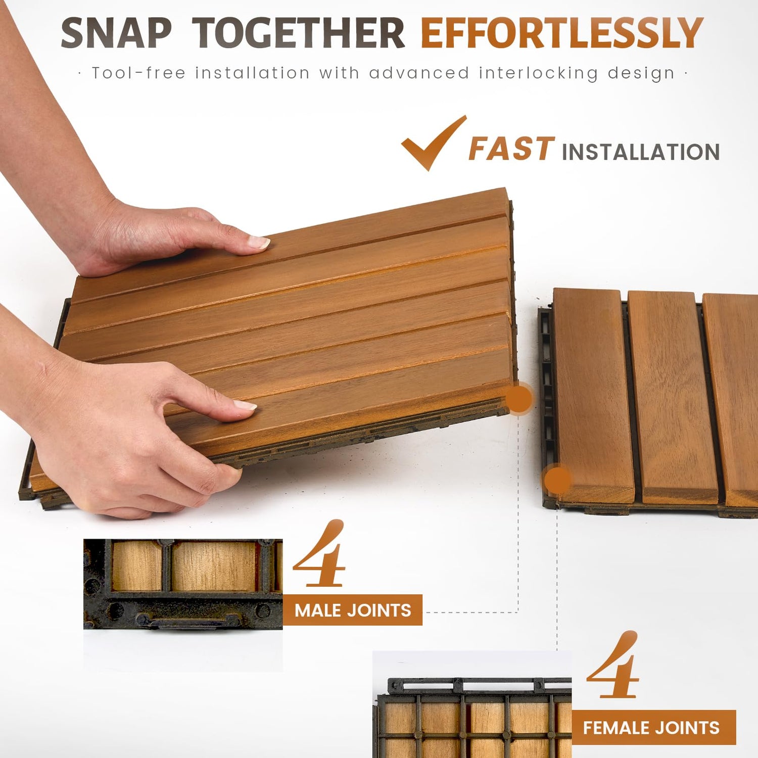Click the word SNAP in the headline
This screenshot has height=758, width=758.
(x=116, y=33)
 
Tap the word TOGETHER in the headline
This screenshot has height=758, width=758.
(x=299, y=33)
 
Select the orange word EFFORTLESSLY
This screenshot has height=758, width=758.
(x=562, y=33)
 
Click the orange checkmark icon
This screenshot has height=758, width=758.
(x=434, y=143)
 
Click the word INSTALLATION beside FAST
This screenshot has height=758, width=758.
(x=641, y=152)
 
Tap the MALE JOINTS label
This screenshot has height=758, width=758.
(x=353, y=610)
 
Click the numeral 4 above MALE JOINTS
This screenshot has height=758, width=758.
(x=319, y=553)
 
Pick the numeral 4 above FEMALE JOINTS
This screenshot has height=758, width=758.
(x=613, y=665)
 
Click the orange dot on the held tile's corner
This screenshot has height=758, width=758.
(x=519, y=399)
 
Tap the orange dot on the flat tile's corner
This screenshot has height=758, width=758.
(x=557, y=479)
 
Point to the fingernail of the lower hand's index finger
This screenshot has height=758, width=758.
(x=245, y=405)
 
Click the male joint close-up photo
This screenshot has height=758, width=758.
(x=183, y=584)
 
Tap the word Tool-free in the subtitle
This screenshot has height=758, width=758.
(x=138, y=73)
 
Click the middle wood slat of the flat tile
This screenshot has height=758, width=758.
(x=673, y=397)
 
